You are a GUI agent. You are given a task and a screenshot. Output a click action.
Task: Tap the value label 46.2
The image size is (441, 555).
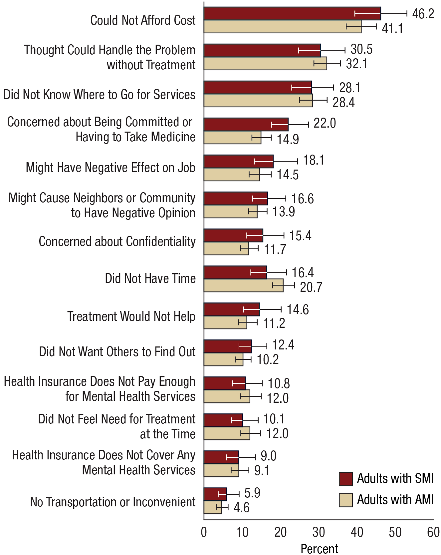tap(423, 14)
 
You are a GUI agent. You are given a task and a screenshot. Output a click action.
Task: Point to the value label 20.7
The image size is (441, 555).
tap(311, 287)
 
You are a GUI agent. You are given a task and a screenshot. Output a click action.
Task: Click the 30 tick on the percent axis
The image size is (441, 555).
tap(319, 532)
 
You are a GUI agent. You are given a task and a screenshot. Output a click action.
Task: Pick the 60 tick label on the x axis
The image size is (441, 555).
tap(433, 532)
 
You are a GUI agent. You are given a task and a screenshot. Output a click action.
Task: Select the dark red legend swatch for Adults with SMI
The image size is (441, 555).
tap(346, 479)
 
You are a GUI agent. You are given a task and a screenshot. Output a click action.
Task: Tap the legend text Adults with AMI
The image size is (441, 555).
tap(395, 500)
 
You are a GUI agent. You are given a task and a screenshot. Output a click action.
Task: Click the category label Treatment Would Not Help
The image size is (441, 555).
tap(131, 316)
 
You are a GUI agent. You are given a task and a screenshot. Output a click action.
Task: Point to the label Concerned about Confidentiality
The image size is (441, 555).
tap(117, 242)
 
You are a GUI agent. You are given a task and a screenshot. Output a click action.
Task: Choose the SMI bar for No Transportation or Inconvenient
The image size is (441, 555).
tap(215, 494)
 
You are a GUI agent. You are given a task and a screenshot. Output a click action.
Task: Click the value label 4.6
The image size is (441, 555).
tap(241, 508)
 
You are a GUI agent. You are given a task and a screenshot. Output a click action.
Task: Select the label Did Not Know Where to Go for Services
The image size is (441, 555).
tap(99, 95)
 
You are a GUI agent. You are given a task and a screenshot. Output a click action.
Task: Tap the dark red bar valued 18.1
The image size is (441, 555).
tap(239, 162)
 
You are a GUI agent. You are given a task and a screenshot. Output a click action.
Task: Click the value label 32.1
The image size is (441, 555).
tap(356, 64)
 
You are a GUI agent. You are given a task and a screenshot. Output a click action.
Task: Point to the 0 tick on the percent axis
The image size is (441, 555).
tap(204, 532)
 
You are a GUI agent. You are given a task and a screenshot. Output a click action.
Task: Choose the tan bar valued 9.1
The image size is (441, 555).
tap(221, 470)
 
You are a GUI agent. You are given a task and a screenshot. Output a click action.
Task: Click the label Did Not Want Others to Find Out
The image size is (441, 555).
tap(117, 352)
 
